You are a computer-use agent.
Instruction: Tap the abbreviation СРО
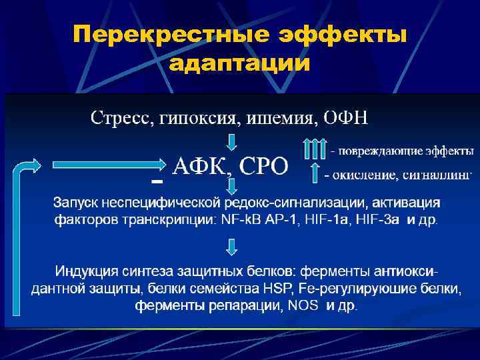pyautogui.click(x=262, y=165)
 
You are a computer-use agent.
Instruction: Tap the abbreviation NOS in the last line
pyautogui.click(x=303, y=306)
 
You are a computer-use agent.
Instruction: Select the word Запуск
pyautogui.click(x=76, y=201)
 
